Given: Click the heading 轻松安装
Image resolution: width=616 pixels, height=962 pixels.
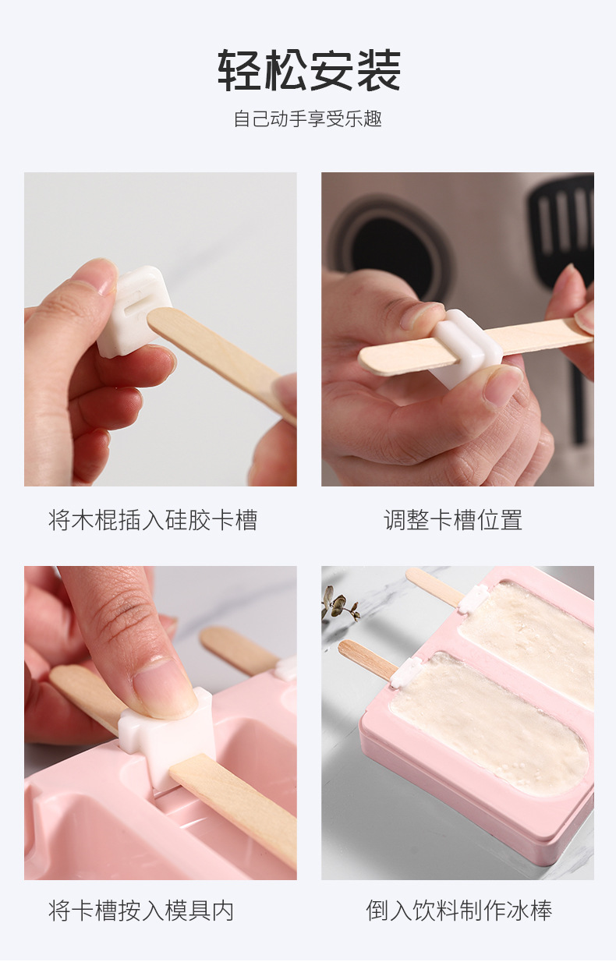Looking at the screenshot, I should pos(308,71).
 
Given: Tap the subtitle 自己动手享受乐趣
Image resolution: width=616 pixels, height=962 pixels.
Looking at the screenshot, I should pos(308,119).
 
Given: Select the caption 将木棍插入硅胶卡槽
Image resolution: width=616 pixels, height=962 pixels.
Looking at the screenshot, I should pos(153,520).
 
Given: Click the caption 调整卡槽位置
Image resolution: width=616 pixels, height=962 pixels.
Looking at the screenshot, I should pos(453,520).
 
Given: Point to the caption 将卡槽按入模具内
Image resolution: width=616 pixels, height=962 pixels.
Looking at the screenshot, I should pos(141,910).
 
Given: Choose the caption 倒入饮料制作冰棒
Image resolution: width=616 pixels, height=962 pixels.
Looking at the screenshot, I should pos(459,910).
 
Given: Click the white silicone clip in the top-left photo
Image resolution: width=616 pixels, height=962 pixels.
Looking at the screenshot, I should pos(133,310).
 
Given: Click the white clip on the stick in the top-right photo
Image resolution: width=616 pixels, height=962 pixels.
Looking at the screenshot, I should pos(466,348).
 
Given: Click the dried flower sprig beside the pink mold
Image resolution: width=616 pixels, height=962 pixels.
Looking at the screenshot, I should pos(339,605).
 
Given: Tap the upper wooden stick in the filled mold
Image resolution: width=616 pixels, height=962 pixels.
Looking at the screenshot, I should pos(434,586).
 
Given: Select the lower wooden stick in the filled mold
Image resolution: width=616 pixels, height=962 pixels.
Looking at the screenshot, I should pos(367,660).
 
